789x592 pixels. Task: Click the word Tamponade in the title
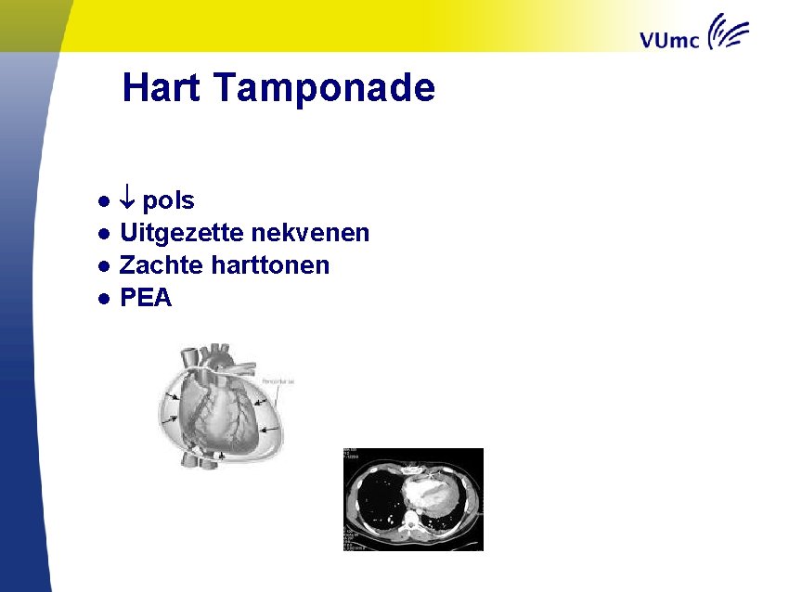coord(323,89)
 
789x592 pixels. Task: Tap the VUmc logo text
coord(670,39)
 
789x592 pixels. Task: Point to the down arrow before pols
coord(128,200)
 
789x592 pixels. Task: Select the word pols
coord(168,201)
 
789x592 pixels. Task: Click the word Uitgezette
coord(176,233)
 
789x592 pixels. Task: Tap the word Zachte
coord(162,265)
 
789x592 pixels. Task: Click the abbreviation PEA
coord(146,298)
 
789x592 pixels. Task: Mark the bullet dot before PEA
coord(107,299)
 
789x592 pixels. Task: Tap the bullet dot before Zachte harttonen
coord(107,266)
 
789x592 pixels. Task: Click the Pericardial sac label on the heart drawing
coord(278,380)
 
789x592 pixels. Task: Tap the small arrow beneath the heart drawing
coord(221,456)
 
